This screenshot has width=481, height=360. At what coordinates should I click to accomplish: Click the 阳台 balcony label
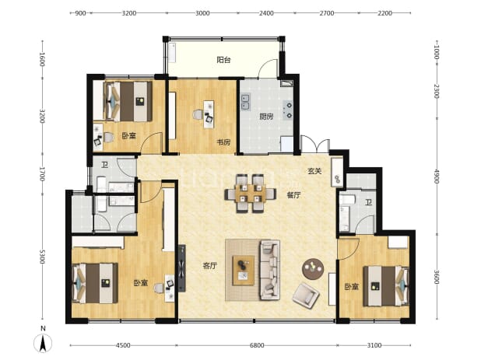tap(223, 60)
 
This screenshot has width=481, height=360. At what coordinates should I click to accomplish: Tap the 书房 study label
tap(223, 142)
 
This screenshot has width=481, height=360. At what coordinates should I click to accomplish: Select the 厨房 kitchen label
tap(266, 117)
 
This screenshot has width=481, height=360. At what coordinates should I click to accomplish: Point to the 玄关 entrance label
tap(314, 171)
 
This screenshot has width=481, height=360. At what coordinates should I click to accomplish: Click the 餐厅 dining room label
tap(293, 195)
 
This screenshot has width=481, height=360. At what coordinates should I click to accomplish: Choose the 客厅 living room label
tap(210, 266)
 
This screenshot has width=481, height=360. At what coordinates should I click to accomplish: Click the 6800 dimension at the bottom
tap(257, 345)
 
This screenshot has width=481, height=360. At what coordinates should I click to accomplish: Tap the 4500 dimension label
tap(123, 345)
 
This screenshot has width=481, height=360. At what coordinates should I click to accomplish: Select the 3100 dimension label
tap(374, 345)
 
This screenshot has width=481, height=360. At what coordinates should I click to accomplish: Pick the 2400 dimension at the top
tap(266, 13)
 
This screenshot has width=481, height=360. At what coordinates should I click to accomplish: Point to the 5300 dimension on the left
tap(42, 257)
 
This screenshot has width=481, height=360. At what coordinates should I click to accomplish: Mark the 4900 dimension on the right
tap(437, 177)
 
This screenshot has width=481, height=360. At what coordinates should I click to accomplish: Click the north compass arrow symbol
tap(43, 343)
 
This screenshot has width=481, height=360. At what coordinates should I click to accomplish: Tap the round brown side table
tap(313, 269)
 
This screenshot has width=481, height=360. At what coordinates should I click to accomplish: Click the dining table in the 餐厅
tap(251, 194)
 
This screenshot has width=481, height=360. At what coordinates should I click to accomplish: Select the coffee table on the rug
tap(244, 271)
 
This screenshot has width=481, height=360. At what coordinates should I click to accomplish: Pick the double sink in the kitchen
tap(245, 102)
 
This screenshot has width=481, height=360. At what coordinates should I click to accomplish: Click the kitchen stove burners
tap(288, 110)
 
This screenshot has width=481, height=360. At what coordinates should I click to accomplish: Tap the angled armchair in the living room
tap(306, 295)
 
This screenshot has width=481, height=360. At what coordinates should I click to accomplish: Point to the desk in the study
tap(209, 114)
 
